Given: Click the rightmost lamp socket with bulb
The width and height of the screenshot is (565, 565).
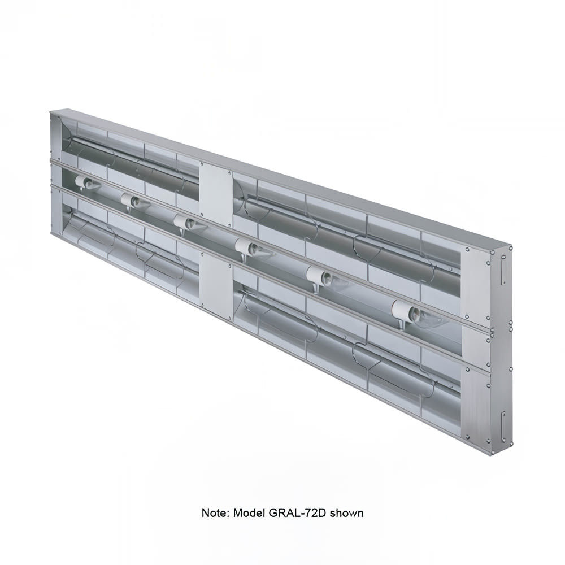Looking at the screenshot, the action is [x=418, y=314].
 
